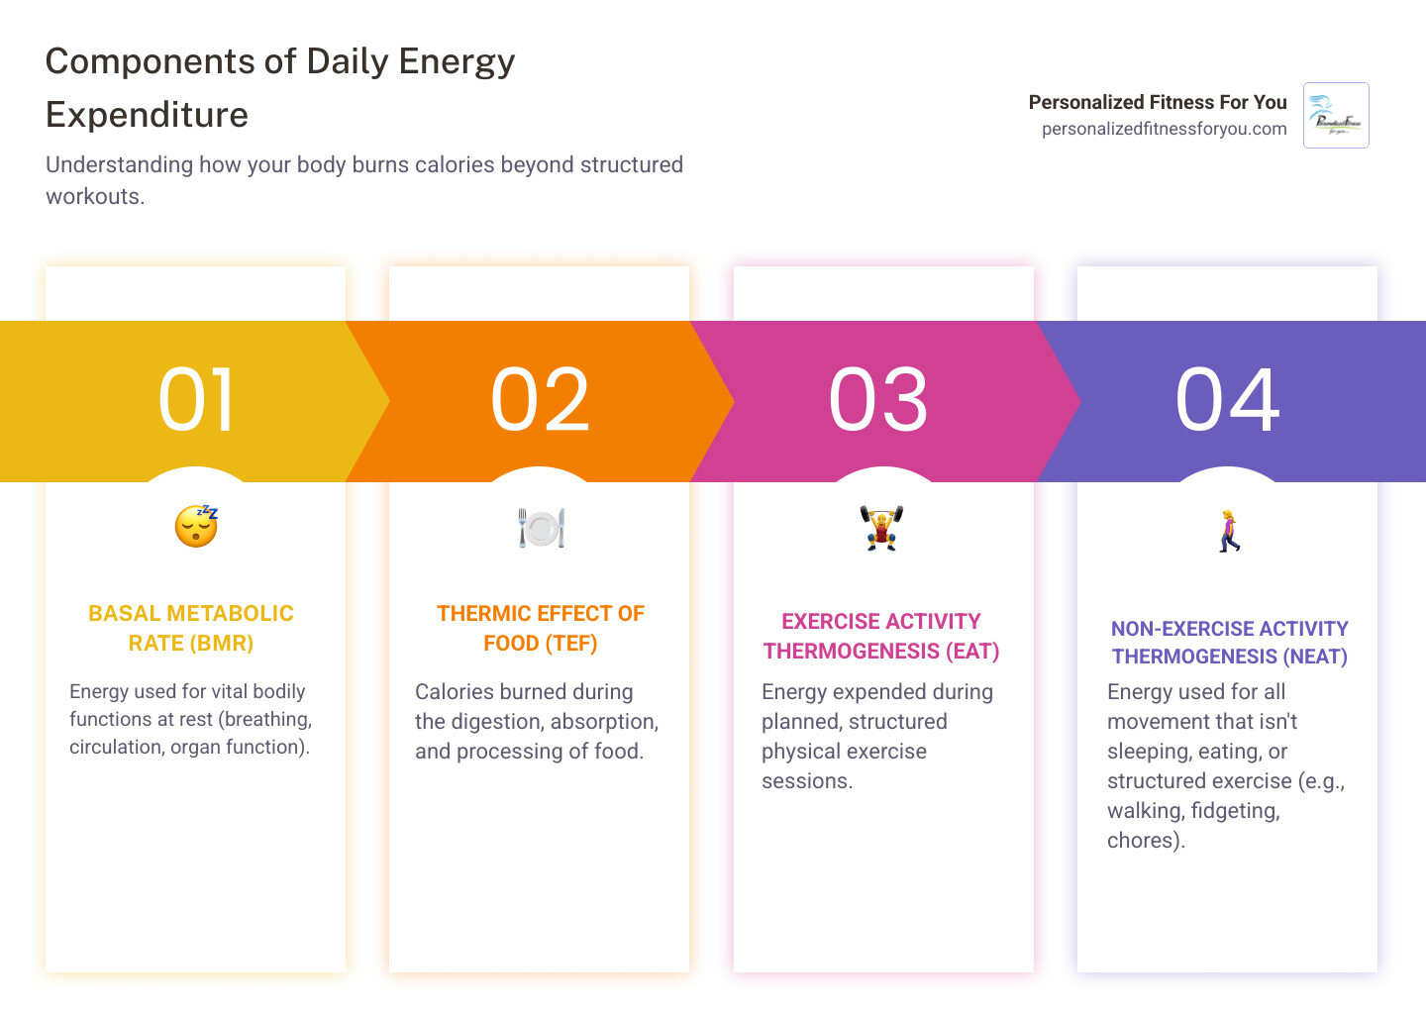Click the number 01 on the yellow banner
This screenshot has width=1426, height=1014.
coord(197,400)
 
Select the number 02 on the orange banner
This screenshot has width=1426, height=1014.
coord(541,400)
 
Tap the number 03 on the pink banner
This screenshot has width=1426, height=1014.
coord(878,400)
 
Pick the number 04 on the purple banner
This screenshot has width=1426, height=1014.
coord(1228,400)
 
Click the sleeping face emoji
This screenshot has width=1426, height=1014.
coord(196,526)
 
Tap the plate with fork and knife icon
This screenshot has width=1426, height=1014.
coord(541,528)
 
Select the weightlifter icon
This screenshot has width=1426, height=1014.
coord(881,528)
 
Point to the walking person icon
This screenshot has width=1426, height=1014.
coord(1229,531)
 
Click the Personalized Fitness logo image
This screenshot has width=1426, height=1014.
coord(1336,116)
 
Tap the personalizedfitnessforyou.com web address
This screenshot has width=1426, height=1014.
coord(1164,129)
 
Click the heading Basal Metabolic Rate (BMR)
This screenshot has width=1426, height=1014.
coord(191,628)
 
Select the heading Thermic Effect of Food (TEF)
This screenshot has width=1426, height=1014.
coord(541,628)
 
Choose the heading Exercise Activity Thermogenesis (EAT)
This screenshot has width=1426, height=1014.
coord(881,636)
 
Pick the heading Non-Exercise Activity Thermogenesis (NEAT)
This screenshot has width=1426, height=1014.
coord(1229,642)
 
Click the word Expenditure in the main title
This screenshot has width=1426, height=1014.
coord(147,115)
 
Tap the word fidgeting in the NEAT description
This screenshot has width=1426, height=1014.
coord(1235,811)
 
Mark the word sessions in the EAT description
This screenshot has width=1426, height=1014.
coord(806,781)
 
